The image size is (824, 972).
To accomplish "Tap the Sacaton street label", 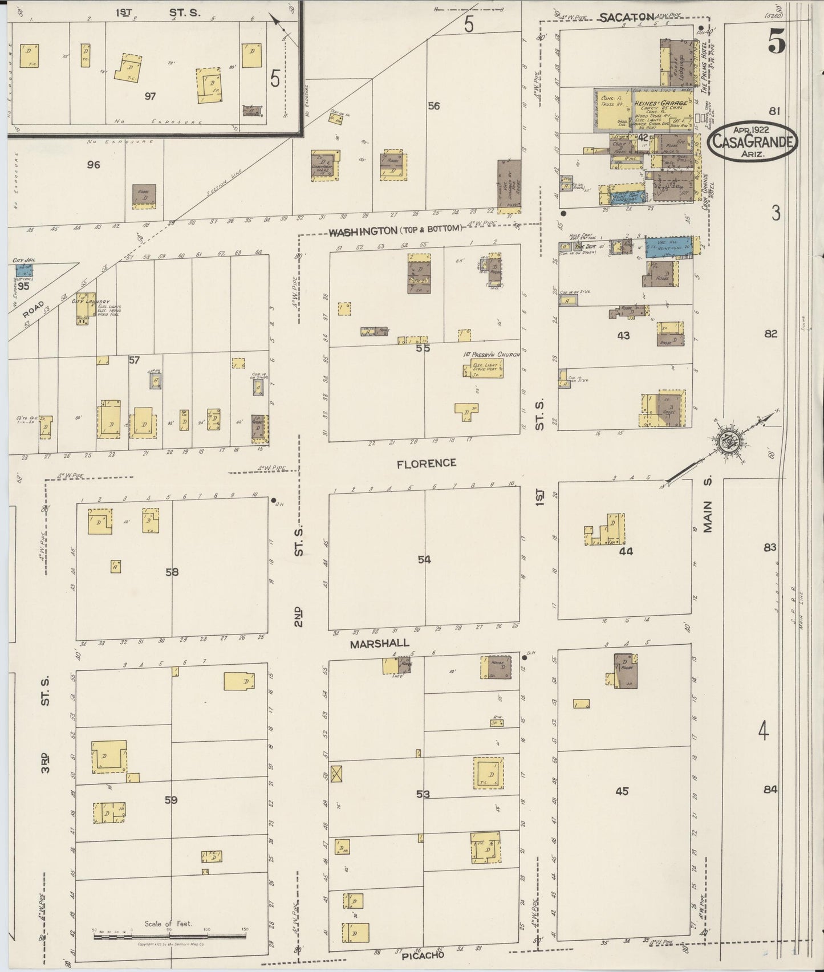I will click(x=626, y=18).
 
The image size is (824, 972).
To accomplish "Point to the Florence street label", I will click(x=427, y=463).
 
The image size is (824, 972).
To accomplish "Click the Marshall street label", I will click(x=379, y=643).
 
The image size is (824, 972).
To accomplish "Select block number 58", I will click(x=172, y=572).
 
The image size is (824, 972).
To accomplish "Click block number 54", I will click(x=424, y=560).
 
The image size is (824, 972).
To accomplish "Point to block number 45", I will click(x=622, y=791).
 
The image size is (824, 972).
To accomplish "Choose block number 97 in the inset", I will click(x=150, y=96).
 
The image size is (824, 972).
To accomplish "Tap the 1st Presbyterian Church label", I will click(x=492, y=355).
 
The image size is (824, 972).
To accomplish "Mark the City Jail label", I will click(x=24, y=261).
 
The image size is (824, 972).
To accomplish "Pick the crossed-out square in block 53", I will click(x=339, y=773).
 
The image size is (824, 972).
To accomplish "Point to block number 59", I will click(x=171, y=800).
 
